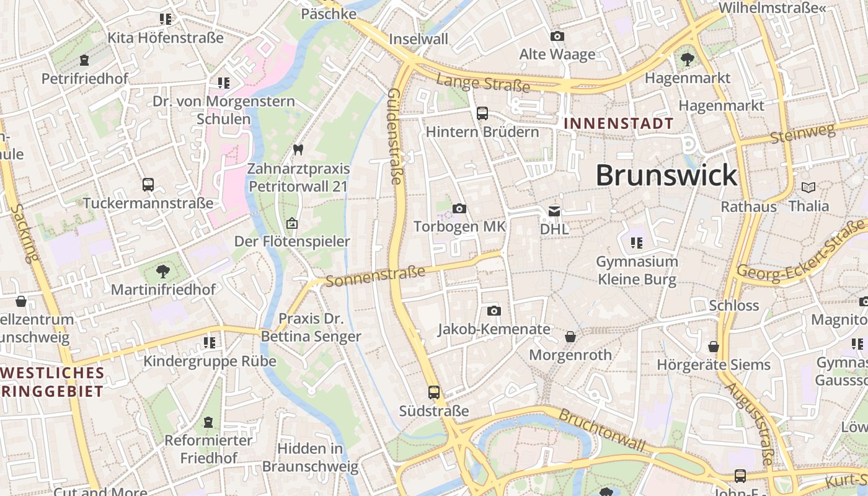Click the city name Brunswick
click(x=666, y=175)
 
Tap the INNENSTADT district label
click(x=618, y=123)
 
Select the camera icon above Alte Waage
click(x=557, y=37)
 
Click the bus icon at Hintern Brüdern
click(x=482, y=113)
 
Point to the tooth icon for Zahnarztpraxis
click(x=298, y=149)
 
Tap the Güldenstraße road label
click(x=394, y=136)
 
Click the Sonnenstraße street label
click(x=375, y=276)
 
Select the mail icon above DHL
click(x=554, y=211)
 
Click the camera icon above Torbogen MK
click(x=459, y=209)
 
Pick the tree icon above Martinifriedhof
click(x=163, y=271)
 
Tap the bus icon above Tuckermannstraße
click(x=148, y=185)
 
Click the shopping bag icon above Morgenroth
click(x=570, y=337)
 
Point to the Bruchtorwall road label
click(x=602, y=429)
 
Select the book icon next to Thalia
click(x=808, y=187)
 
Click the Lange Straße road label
click(x=483, y=82)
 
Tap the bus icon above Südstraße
click(x=433, y=392)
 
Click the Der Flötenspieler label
click(x=291, y=241)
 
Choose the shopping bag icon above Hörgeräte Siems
click(x=714, y=347)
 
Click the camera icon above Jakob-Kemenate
click(x=494, y=311)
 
